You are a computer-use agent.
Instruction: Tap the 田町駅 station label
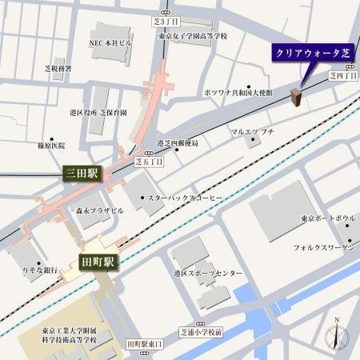(99, 262)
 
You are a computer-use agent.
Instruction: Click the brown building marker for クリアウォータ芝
(296, 97)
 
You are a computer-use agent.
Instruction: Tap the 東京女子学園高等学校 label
(193, 36)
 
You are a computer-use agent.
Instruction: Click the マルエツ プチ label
(252, 131)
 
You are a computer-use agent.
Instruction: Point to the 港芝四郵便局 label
(178, 143)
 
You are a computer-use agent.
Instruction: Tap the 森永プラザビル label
(100, 210)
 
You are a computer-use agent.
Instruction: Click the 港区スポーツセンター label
(208, 274)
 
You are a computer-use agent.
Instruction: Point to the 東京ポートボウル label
(328, 218)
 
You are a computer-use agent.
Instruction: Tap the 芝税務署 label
(58, 69)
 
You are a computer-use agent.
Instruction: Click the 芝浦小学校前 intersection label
(202, 331)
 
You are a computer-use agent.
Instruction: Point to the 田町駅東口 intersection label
(144, 343)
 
